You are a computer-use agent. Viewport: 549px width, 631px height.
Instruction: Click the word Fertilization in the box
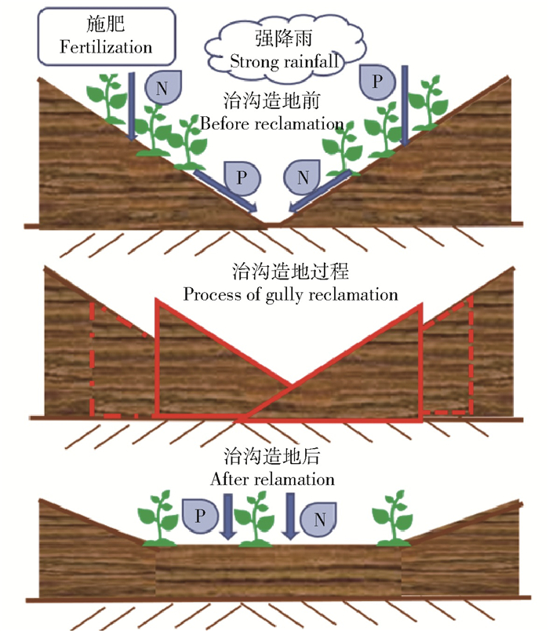pyautogui.click(x=106, y=47)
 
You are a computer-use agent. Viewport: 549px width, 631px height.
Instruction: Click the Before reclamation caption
pyautogui.click(x=272, y=124)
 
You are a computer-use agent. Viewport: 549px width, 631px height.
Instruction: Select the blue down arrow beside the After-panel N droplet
pyautogui.click(x=289, y=516)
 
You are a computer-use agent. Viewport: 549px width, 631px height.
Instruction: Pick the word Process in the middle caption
pyautogui.click(x=209, y=295)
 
